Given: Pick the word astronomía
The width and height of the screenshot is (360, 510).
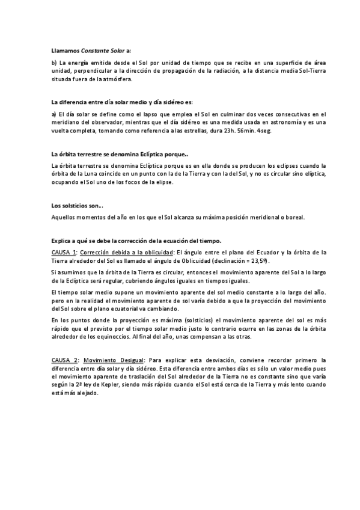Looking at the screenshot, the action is point(278,122).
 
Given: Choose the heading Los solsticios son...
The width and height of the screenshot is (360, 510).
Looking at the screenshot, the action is point(76,206).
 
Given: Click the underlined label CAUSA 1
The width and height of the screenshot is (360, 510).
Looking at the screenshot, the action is point(64,252).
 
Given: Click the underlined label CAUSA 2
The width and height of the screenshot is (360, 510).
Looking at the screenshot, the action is point(64,360).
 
